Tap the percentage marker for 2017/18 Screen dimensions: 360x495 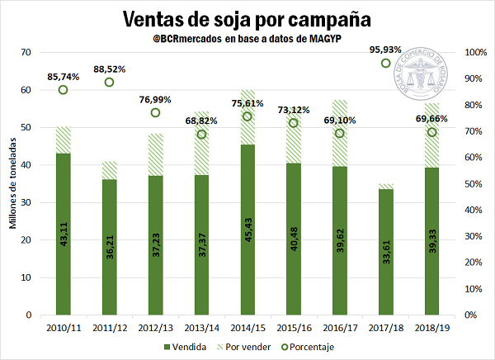(x=385, y=64)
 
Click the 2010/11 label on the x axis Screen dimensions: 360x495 (x=63, y=329)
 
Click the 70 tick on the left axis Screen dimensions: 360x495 (x=27, y=53)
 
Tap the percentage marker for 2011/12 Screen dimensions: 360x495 (x=109, y=83)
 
